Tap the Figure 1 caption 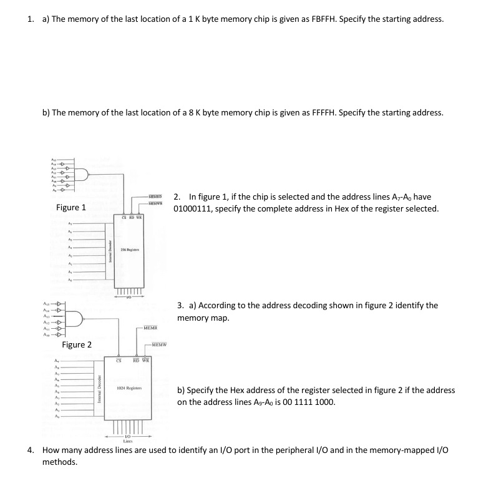[71, 207]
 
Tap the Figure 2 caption [77, 344]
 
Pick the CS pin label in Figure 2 [119, 359]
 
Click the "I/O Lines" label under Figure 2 [128, 439]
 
